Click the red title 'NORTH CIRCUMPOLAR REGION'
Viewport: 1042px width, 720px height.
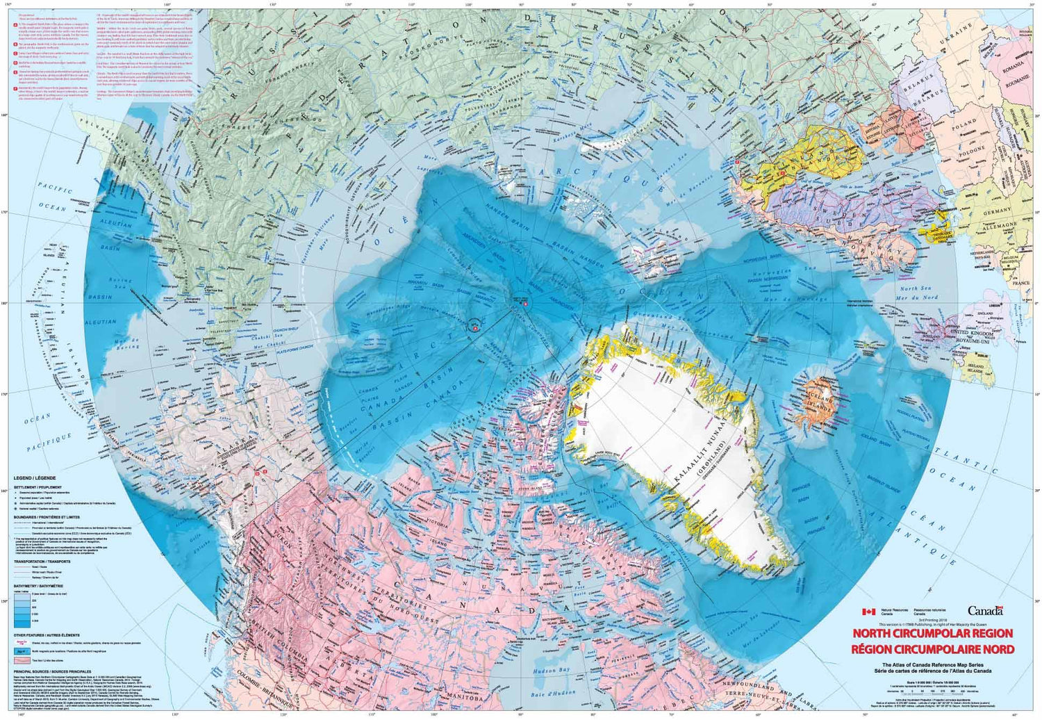(933, 633)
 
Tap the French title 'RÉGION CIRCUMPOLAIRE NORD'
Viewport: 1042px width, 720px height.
(933, 649)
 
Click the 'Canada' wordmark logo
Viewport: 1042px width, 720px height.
(985, 611)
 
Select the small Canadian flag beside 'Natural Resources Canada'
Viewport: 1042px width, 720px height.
(868, 612)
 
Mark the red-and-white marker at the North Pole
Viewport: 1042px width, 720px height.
(525, 304)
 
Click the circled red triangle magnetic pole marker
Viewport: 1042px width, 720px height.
(474, 325)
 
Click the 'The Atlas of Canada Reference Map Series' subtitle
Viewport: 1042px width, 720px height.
(933, 665)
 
